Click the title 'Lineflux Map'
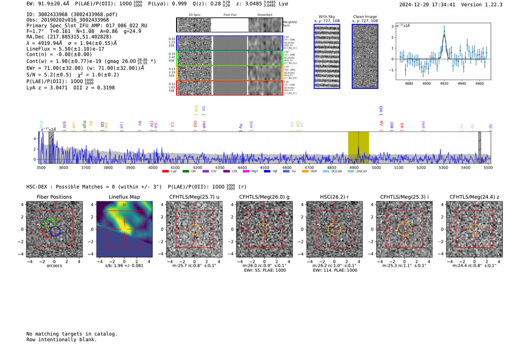(124, 197)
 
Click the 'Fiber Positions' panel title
(54, 197)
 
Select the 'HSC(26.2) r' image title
(334, 197)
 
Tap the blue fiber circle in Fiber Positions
(56, 231)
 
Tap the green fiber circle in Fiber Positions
(49, 224)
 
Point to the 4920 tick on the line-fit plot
(444, 83)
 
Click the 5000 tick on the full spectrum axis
(376, 167)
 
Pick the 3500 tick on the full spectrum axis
(41, 167)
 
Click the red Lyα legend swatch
(165, 172)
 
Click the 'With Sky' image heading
(326, 17)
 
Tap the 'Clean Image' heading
(365, 17)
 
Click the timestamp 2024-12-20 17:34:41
(427, 5)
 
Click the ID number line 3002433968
(72, 14)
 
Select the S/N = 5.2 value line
(49, 75)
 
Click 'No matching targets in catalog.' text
(72, 334)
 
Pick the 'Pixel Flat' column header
(230, 15)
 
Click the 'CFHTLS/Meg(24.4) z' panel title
(474, 197)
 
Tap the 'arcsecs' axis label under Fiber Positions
(54, 266)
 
